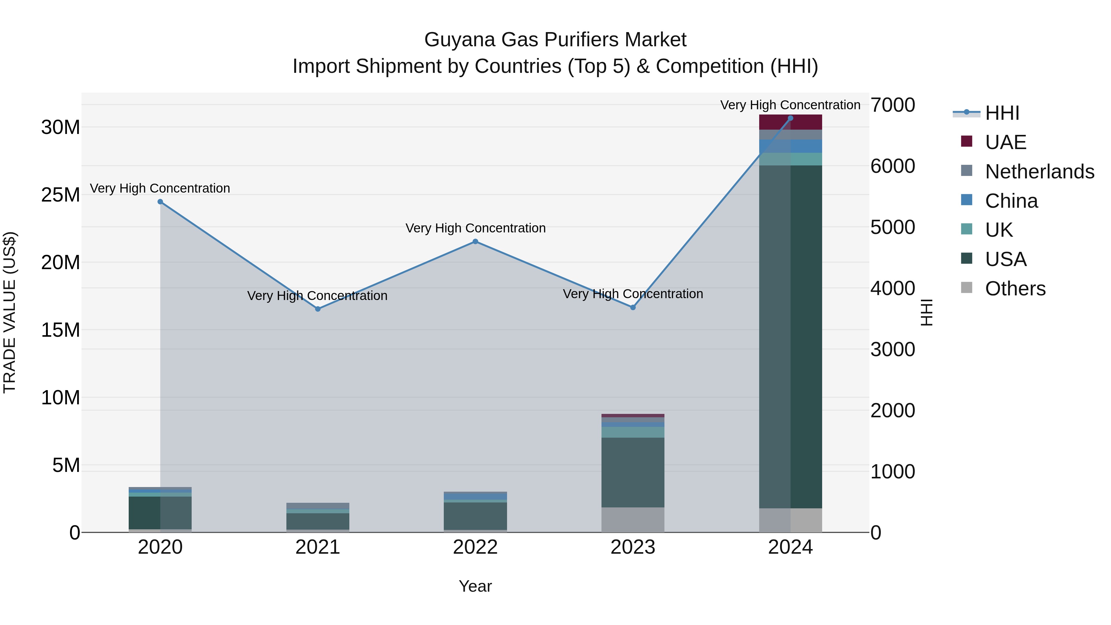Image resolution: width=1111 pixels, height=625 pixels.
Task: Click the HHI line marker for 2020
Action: coord(160,202)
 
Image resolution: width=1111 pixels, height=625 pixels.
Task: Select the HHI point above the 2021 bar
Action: coord(318,309)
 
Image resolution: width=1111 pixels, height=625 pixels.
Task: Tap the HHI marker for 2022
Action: coord(475,242)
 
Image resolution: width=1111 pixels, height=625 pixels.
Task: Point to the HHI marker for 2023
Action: coord(633,307)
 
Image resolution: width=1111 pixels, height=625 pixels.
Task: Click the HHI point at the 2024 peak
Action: coord(790,118)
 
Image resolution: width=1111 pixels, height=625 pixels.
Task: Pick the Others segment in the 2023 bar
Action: coord(633,520)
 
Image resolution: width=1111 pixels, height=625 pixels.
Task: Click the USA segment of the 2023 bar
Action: coord(633,472)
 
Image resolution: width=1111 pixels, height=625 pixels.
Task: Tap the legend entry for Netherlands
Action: coord(1039,172)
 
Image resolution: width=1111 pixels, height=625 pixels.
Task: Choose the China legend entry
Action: coord(1011,201)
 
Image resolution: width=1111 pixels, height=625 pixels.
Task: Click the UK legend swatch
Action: coord(967,229)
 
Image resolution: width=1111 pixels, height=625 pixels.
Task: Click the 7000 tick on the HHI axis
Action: coord(892,105)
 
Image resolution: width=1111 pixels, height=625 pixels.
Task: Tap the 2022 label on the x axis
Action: coord(475,547)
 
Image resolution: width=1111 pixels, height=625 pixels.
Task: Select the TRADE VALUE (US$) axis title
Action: coord(10,312)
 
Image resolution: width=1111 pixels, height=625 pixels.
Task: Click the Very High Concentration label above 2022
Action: coord(475,228)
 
